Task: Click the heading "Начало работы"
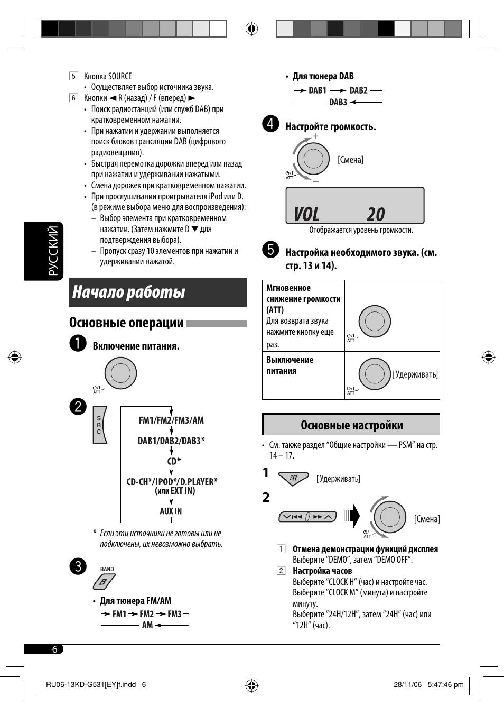pos(129,292)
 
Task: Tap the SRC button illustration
pos(100,425)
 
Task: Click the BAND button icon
pos(104,582)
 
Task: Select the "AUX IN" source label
pos(171,511)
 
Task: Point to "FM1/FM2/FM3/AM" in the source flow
pos(171,420)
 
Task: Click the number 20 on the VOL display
pos(376,214)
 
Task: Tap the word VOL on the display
pos(306,214)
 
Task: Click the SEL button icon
pos(293,478)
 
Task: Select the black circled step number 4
pos(270,124)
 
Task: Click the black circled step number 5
pos(270,250)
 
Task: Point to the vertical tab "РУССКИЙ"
pos(53,251)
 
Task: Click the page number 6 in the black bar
pos(54,649)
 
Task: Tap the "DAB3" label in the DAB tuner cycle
pos(338,102)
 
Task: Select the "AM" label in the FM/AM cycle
pos(147,625)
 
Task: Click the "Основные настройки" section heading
pos(351,425)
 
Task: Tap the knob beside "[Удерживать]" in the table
pos(375,374)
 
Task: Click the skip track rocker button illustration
pos(307,517)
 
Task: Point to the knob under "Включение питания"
pos(120,373)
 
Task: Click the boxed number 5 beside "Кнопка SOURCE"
pos(73,76)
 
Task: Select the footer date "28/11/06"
pos(407,684)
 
